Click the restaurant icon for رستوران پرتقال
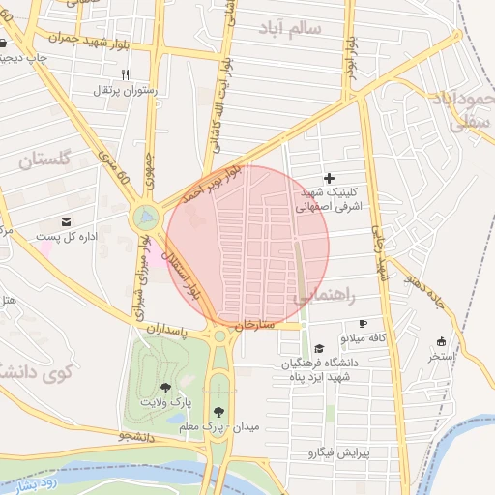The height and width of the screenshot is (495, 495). point(125,74)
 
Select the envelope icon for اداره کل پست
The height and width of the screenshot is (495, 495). point(67,221)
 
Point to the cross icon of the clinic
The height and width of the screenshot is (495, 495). point(330,178)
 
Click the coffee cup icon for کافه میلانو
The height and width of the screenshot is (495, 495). point(363,324)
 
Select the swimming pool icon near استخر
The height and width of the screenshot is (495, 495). point(441,341)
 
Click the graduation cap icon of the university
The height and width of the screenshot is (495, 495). point(319,349)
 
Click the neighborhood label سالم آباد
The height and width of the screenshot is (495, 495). point(288,29)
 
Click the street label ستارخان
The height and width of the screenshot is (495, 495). point(256,324)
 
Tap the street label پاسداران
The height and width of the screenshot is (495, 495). point(171,330)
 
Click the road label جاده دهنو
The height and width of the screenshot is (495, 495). point(424,285)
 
